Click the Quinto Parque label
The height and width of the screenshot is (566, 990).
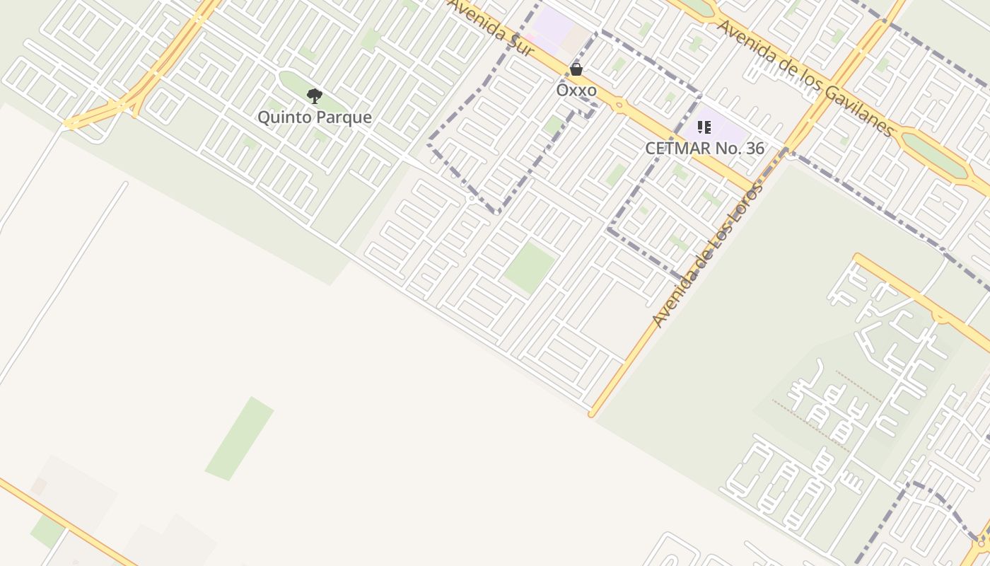pos(314,117)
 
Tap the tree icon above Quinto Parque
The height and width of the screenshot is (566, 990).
pos(314,96)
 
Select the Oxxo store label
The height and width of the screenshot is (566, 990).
pos(576,91)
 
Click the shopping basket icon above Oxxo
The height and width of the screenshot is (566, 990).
pos(576,69)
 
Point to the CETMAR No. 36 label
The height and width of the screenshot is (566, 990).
pos(704,149)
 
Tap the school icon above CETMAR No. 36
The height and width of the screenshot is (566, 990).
pos(704,127)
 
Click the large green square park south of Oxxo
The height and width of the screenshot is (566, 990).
pos(529,267)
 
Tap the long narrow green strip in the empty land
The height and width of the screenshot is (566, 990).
pos(239,439)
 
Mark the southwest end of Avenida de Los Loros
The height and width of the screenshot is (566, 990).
pos(593,413)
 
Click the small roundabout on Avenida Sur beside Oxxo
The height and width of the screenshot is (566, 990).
pos(619,105)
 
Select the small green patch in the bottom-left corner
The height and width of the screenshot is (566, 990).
pos(47,531)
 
